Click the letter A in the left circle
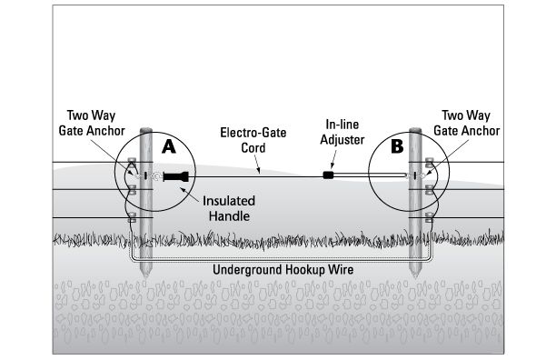click(x=169, y=146)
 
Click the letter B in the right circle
click(x=397, y=146)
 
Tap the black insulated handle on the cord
click(x=176, y=176)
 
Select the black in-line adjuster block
click(x=328, y=175)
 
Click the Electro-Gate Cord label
click(x=253, y=140)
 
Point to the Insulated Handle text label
click(x=229, y=208)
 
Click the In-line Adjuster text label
click(x=343, y=132)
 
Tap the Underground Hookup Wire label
click(x=283, y=270)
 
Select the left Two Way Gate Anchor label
click(x=92, y=123)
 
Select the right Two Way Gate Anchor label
click(x=467, y=123)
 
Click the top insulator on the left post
click(x=132, y=163)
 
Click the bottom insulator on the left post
click(x=132, y=217)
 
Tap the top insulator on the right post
click(x=429, y=163)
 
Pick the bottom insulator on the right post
click(x=429, y=217)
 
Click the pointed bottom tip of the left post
click(x=145, y=277)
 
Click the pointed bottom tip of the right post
click(x=415, y=277)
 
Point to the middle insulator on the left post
click(x=132, y=190)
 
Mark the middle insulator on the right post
click(x=429, y=190)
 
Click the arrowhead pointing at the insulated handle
click(x=183, y=189)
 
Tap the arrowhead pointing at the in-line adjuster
click(x=333, y=165)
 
